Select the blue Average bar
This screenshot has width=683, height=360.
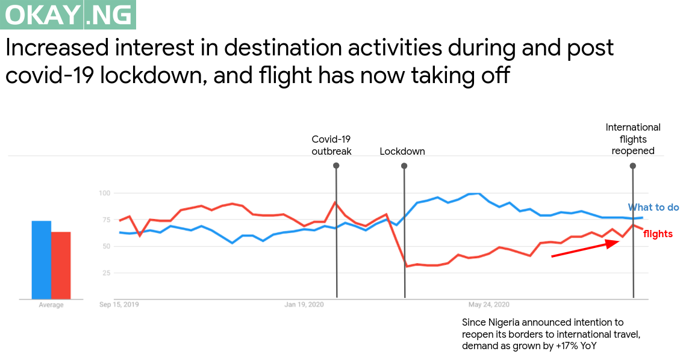pos(41,259)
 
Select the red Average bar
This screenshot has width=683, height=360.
pos(61,265)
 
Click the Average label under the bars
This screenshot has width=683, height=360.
pos(51,305)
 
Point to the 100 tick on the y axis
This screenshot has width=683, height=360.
pos(105,193)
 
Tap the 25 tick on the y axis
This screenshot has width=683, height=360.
pos(107,273)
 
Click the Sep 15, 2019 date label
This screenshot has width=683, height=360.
pos(119,305)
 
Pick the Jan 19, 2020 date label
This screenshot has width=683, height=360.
pos(304,305)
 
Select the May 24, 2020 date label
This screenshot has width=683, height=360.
pos(489,305)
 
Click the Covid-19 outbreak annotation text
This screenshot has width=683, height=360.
pos(331,145)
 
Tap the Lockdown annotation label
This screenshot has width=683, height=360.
pos(402,151)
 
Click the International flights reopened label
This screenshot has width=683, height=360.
pos(633,139)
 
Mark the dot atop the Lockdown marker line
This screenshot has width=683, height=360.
pos(404,165)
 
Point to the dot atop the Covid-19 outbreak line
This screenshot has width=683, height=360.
pos(335,165)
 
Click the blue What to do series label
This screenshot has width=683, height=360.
pos(653,207)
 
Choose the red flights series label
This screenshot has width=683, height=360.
pos(658,234)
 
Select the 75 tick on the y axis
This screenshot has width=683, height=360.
pos(107,220)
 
